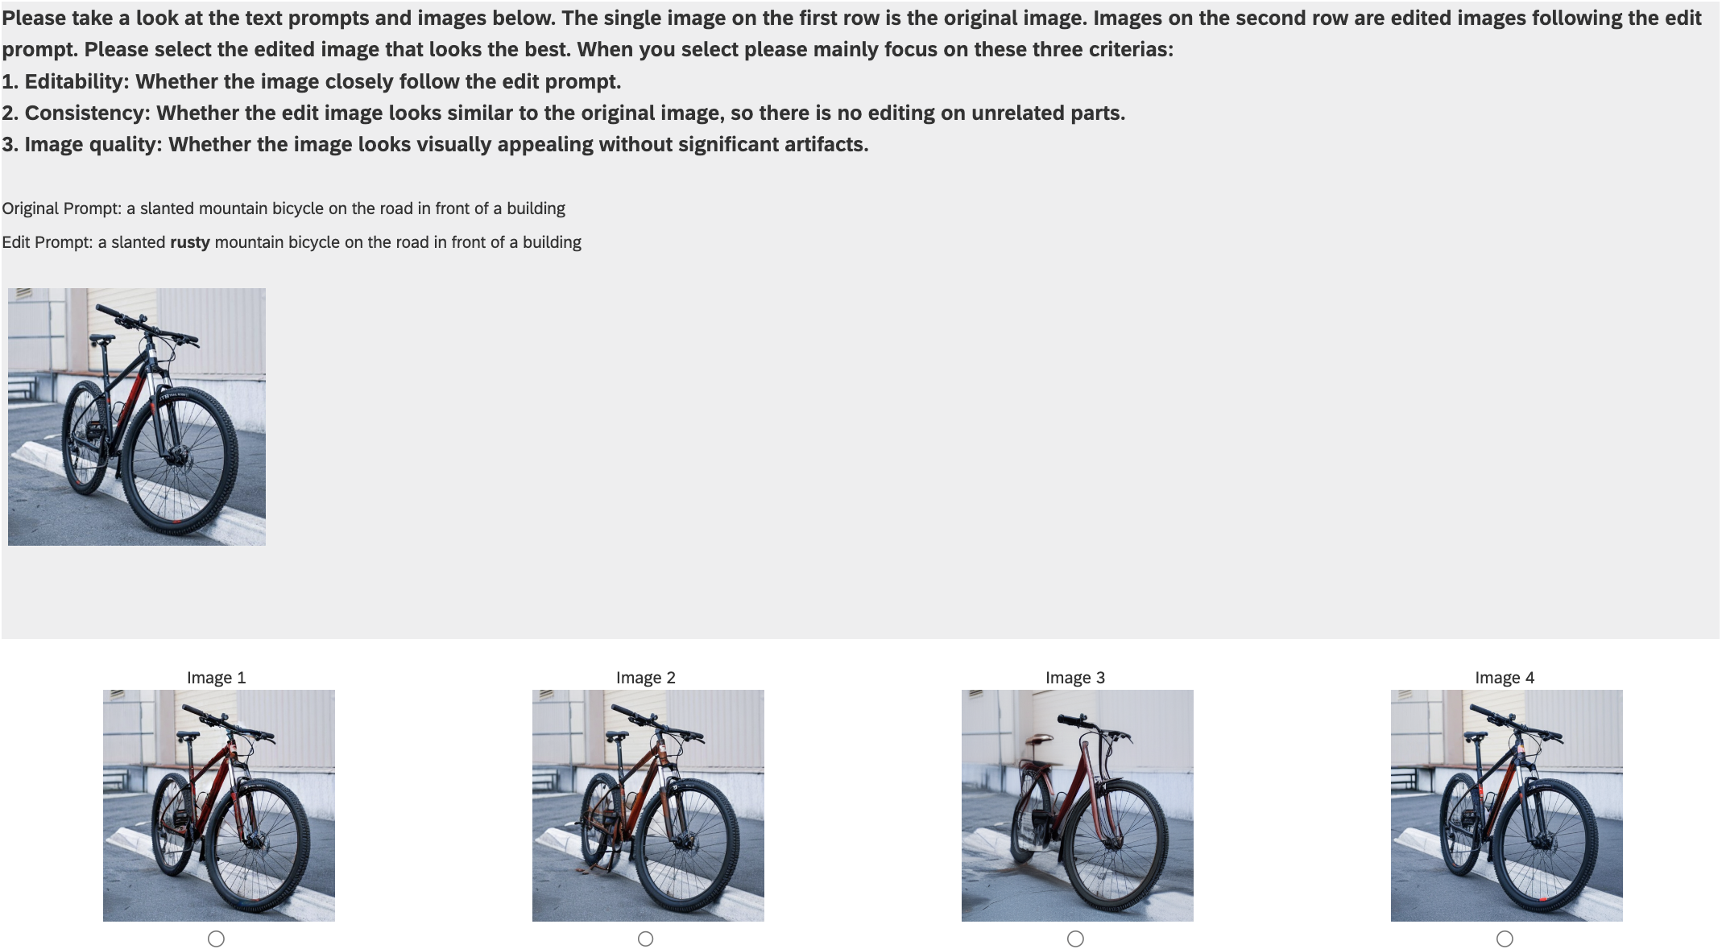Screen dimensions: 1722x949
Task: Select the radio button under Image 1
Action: point(216,939)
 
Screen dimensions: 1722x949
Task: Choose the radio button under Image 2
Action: point(645,939)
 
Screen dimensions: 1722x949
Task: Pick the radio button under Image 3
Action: point(1075,939)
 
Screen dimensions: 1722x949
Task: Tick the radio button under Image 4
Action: point(1505,939)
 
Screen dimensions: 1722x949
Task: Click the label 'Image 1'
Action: point(216,678)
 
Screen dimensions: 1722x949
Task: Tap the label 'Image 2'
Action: point(646,678)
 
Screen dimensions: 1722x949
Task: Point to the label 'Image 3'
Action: point(1075,678)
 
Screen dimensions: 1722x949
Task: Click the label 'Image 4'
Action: point(1505,678)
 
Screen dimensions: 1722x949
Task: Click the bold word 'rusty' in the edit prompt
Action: point(190,242)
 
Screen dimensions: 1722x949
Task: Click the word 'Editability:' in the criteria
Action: point(77,81)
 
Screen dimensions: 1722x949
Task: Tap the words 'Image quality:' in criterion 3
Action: point(93,144)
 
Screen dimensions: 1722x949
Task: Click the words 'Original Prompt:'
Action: point(62,208)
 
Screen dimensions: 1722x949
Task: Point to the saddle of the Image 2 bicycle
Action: point(618,736)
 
